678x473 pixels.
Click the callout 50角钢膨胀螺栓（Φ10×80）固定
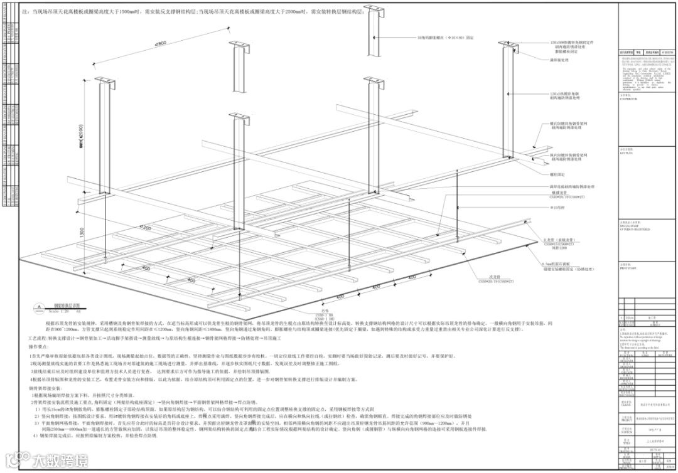[x=433, y=37]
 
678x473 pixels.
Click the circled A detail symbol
[x=40, y=307]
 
